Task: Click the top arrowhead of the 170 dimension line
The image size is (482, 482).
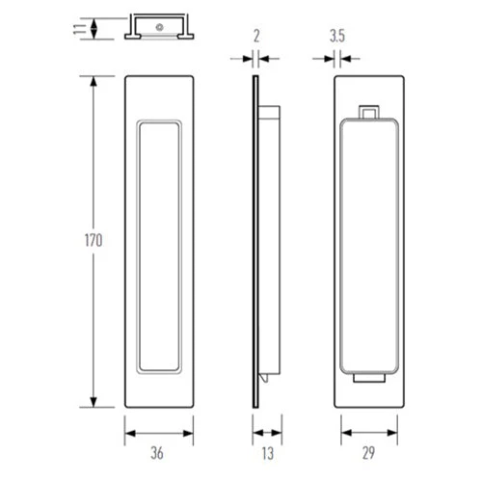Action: click(94, 80)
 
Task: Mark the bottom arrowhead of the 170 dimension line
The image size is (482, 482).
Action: click(94, 404)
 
